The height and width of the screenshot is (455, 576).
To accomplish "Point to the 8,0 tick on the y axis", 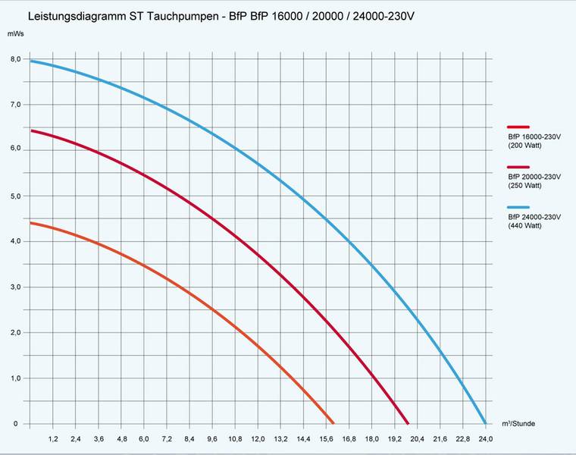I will click(16, 59).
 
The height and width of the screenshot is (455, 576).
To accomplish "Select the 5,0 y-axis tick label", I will click(16, 196).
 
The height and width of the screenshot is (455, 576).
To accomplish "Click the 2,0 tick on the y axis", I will click(16, 332).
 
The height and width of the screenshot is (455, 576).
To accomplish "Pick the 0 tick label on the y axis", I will click(15, 423).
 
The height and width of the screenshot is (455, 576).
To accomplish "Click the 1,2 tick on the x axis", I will click(53, 440).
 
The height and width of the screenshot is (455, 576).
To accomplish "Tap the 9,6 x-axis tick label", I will click(212, 440).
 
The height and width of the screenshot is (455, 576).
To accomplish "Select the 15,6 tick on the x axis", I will click(326, 440).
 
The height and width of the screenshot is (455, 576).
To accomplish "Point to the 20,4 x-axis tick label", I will click(417, 440).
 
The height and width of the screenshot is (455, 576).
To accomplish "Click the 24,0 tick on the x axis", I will click(485, 440).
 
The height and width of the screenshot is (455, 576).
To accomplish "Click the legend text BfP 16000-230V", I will click(534, 136).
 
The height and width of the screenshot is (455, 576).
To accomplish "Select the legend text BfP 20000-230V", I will click(534, 177).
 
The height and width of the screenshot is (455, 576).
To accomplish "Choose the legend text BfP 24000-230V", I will click(534, 217).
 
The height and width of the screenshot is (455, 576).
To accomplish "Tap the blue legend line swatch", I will click(518, 208).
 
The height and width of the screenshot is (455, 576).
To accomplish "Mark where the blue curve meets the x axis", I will click(484, 423).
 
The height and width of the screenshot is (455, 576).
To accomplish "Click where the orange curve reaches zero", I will click(333, 423).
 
